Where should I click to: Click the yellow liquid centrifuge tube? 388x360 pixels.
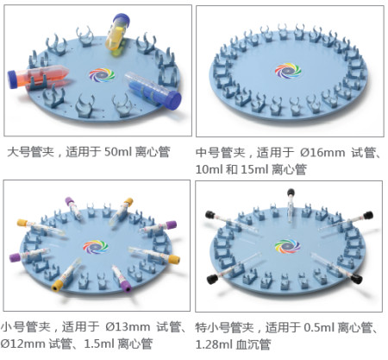pos(117,32)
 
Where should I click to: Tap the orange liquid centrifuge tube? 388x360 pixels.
pos(37,77)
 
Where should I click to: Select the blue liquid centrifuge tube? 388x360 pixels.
pos(153,90)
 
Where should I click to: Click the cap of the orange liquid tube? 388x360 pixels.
pos(13,79)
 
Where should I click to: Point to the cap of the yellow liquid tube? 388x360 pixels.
pos(122,19)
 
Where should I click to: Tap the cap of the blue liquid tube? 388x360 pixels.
pos(173,101)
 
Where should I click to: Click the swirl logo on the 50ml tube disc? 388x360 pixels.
pos(102,75)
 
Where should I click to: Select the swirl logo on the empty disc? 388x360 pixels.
pos(288,70)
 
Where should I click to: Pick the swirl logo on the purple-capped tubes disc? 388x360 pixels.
pos(96,247)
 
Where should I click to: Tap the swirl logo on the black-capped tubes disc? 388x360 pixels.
pos(287,246)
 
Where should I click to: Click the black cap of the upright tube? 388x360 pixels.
pos(291,192)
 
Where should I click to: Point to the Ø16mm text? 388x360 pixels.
pos(322,153)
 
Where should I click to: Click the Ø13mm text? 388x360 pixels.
pos(128,327)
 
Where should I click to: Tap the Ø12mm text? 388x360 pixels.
pos(22,344)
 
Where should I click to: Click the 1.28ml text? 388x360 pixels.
pos(214,344)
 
